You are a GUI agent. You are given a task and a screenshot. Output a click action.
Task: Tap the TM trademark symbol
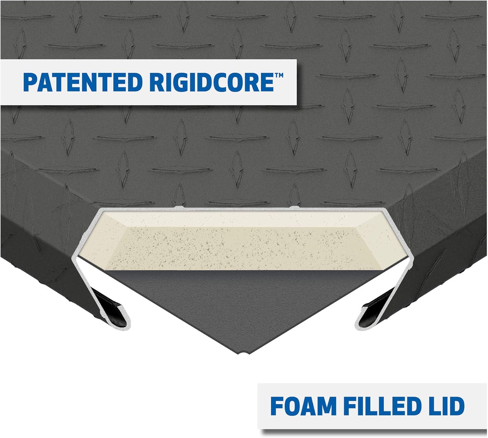(x=279, y=75)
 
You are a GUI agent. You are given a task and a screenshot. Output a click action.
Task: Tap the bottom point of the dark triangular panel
(x=243, y=354)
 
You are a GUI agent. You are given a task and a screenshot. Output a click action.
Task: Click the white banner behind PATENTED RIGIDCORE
(x=148, y=82)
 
